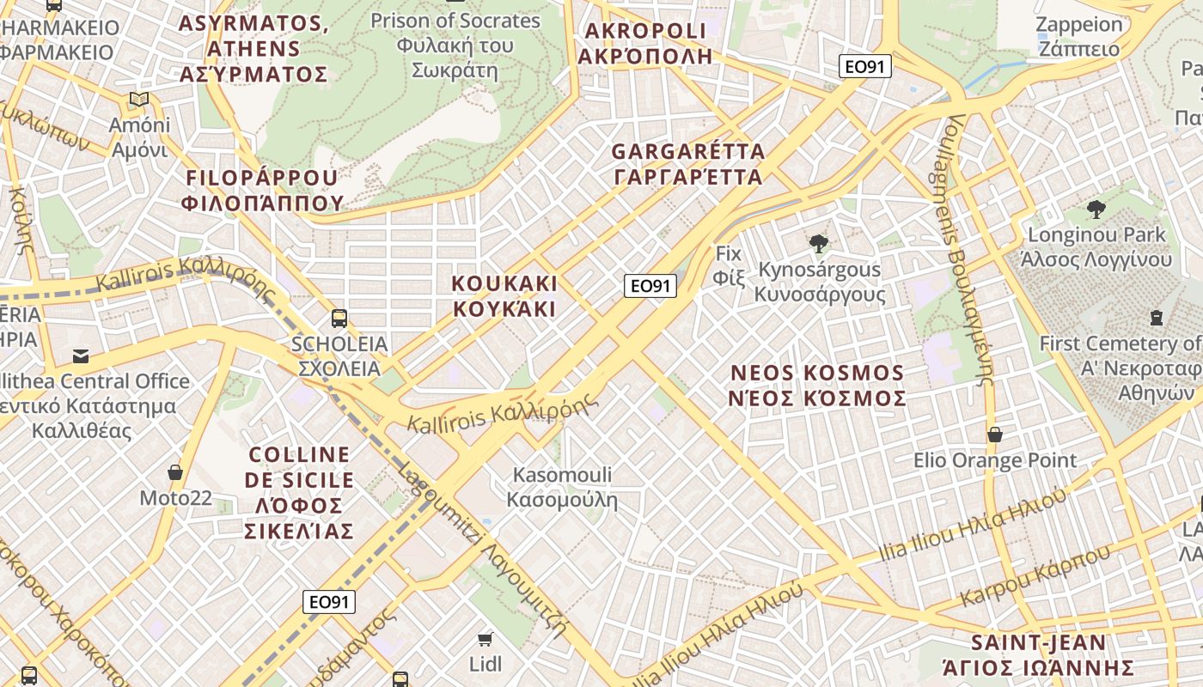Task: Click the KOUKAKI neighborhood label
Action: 504,296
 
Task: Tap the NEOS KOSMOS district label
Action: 817,386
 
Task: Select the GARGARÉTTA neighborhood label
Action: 687,164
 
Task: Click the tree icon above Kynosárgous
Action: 819,244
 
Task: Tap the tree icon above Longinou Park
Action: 1096,209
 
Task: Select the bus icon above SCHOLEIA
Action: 339,319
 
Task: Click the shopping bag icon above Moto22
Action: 175,472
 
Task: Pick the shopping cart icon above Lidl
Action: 485,638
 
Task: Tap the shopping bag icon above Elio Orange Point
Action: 994,435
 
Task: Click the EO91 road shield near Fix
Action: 650,286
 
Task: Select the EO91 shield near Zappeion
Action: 865,66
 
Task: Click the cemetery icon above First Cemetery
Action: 1156,318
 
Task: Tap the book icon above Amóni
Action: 139,100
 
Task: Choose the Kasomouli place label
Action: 562,487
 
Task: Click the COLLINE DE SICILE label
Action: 299,492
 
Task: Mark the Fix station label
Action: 728,265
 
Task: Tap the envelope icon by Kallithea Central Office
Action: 81,356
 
